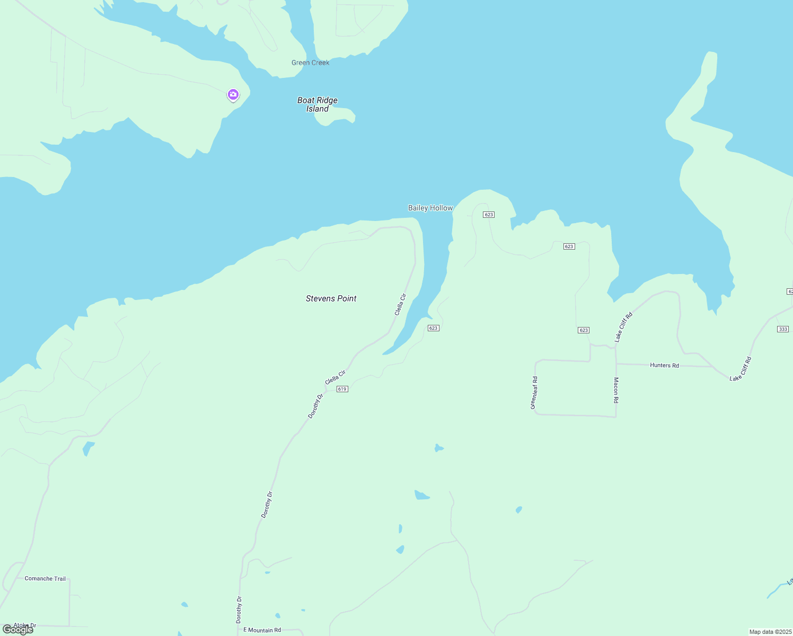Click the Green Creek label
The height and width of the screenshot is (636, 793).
point(310,63)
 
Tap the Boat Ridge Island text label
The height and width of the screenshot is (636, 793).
point(318,104)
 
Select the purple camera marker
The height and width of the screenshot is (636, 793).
point(233,95)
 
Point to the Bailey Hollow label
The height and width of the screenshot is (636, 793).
point(430,208)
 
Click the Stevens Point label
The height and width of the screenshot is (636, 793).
point(331,298)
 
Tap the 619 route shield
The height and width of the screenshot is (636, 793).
point(342,389)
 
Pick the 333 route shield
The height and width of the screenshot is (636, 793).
point(783,329)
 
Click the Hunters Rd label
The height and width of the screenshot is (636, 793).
point(664,365)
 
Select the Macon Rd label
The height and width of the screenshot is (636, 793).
point(616,390)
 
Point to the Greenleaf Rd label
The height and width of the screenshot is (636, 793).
point(534,392)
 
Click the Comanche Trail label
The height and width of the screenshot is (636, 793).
point(45,578)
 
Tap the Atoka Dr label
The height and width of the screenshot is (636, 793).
point(25,625)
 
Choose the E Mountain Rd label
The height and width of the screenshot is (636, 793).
point(262,630)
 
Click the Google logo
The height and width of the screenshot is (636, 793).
point(18,630)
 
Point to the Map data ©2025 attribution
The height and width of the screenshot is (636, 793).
point(770,632)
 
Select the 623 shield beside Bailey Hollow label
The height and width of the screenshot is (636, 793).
point(489,215)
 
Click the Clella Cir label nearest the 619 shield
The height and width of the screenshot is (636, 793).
point(335,377)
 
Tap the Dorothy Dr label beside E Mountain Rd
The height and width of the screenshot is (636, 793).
point(239,609)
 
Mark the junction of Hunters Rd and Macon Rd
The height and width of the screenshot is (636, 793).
point(616,364)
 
